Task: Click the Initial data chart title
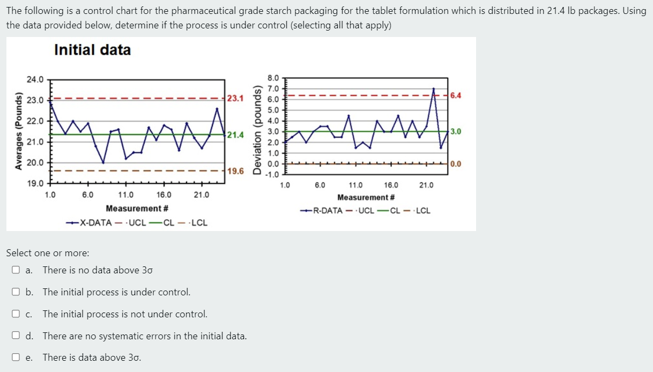(92, 50)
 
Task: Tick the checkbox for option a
(16, 270)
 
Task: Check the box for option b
(16, 292)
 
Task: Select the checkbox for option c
(16, 314)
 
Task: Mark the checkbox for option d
(16, 336)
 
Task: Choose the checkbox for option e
(16, 358)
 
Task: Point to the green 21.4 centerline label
(235, 135)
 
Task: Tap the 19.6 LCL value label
(235, 172)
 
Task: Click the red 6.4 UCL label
(456, 96)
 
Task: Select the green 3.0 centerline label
(456, 131)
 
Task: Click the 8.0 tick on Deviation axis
(273, 78)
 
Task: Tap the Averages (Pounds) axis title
(19, 131)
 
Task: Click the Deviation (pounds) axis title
(257, 131)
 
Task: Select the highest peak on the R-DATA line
(434, 89)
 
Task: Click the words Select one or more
(48, 253)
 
